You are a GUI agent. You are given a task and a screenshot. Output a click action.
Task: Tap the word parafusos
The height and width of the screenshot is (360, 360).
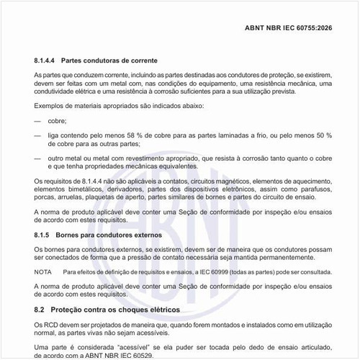click(310, 186)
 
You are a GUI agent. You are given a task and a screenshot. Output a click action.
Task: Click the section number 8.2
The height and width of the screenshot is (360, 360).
click(40, 310)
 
